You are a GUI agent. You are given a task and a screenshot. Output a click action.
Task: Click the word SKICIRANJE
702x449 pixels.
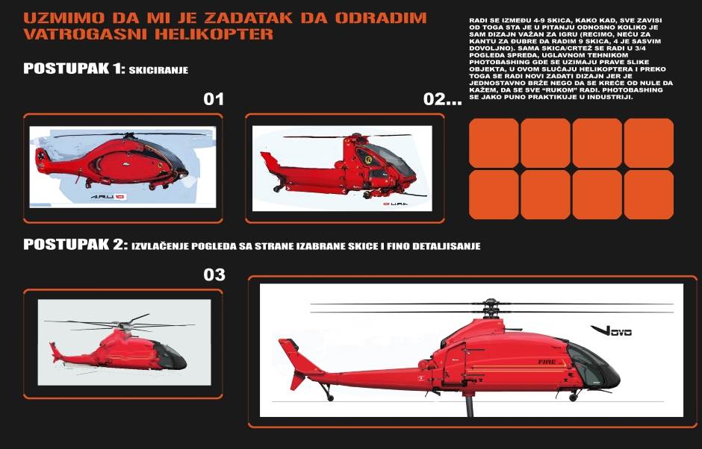(x=158, y=70)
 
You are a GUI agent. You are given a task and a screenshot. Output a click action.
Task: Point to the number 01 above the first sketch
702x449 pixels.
(x=214, y=99)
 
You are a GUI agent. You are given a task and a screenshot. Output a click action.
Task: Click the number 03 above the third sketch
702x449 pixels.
(x=214, y=275)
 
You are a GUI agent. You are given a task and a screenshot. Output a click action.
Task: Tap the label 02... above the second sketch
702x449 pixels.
(x=442, y=99)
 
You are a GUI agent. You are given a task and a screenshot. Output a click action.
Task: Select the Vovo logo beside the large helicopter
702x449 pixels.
(x=610, y=330)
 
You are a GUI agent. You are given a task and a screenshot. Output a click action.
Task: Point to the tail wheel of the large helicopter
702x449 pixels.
(x=326, y=396)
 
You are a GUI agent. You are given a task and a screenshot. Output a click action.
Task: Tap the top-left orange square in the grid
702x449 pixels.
(x=493, y=143)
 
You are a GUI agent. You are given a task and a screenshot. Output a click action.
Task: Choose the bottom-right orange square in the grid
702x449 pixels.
(x=648, y=195)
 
